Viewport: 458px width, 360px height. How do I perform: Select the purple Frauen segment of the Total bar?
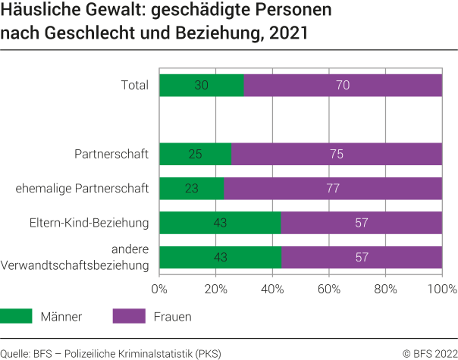pos(343,85)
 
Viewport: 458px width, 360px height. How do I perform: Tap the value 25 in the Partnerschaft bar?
pos(195,155)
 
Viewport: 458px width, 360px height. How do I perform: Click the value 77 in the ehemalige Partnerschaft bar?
pos(333,189)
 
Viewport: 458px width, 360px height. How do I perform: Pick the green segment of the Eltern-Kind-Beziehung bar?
pos(220,223)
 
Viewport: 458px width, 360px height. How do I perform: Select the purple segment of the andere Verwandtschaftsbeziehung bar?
pos(362,257)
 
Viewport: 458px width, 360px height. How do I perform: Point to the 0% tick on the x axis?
pos(159,289)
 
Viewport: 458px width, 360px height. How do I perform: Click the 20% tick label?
pos(216,289)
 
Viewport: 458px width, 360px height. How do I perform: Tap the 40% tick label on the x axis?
pos(272,289)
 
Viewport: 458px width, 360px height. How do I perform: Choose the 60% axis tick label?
pos(329,289)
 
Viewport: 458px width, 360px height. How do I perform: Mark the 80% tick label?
pos(385,289)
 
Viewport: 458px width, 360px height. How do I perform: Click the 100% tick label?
pos(441,289)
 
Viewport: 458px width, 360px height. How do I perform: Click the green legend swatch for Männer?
pos(16,317)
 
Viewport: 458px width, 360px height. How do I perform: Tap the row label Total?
pos(135,85)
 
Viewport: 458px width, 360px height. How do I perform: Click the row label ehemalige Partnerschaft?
pos(82,189)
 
